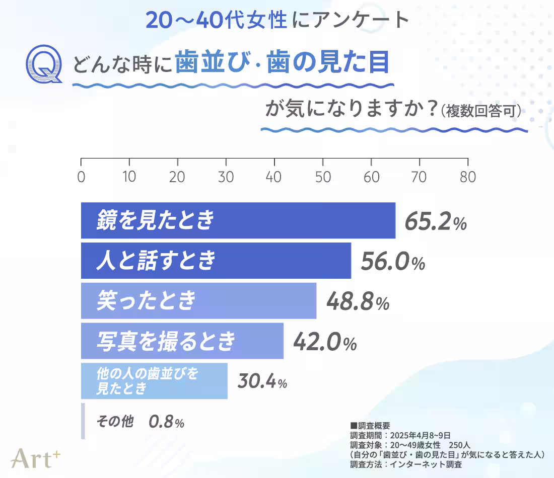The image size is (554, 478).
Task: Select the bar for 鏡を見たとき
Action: (x=238, y=220)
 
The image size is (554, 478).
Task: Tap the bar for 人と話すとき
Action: (x=216, y=261)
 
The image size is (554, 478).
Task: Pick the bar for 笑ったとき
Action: (x=198, y=300)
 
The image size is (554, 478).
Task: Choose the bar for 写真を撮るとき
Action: (x=182, y=341)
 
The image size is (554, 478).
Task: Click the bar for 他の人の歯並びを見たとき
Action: (x=154, y=381)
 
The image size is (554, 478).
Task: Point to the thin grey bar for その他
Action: (x=83, y=421)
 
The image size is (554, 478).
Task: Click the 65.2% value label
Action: (x=436, y=222)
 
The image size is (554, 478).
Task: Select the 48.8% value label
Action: (x=358, y=302)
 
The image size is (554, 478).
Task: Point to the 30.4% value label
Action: (x=262, y=382)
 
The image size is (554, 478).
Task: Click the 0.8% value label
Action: (x=166, y=422)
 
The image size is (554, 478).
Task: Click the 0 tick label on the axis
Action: (x=81, y=178)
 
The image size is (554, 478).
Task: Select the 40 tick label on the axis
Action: (x=274, y=178)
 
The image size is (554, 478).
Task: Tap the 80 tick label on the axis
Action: (x=468, y=178)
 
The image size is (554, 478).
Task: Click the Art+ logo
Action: (x=36, y=457)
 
